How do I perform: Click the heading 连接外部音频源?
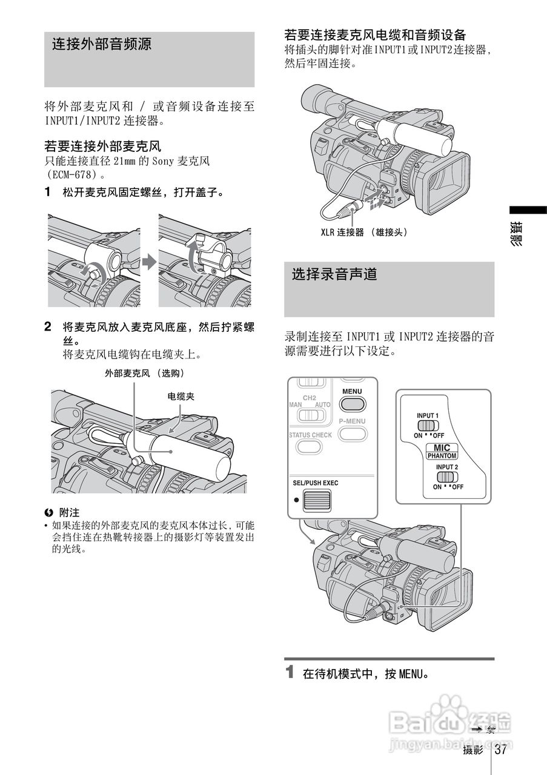[x=101, y=44]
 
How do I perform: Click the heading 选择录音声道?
[x=334, y=274]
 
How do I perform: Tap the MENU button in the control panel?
[x=352, y=403]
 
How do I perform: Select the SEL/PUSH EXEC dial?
[x=317, y=500]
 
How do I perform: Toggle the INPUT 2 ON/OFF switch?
[x=447, y=477]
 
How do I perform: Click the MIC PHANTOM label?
[x=442, y=451]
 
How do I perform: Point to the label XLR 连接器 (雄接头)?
[x=364, y=232]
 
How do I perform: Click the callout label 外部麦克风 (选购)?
[x=145, y=373]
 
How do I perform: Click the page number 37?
[x=500, y=750]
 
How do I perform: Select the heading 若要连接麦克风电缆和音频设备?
[x=375, y=35]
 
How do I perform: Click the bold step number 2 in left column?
[x=48, y=326]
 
